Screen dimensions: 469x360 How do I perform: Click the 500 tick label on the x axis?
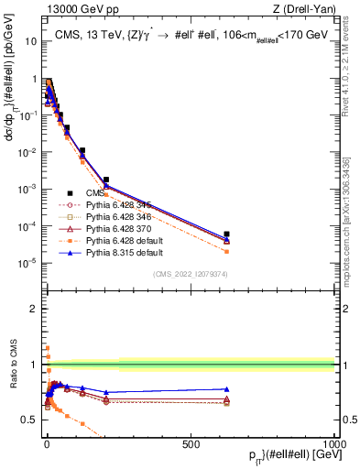coord(191,443)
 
